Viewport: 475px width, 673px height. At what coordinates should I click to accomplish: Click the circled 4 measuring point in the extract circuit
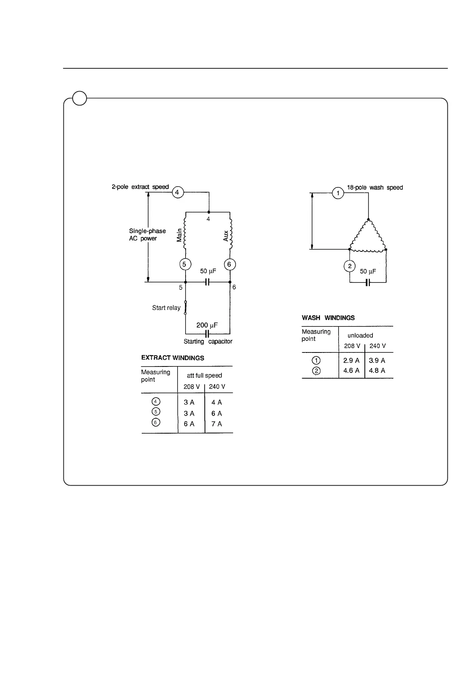177,193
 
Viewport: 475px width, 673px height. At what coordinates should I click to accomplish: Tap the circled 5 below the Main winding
184,265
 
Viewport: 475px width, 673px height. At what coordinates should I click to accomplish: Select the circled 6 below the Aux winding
229,265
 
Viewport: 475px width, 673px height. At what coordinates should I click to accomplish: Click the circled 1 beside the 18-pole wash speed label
338,193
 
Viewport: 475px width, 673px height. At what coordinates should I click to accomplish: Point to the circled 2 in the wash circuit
350,266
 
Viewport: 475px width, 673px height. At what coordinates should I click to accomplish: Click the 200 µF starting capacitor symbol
207,333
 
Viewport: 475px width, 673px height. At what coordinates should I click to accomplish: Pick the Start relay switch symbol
185,308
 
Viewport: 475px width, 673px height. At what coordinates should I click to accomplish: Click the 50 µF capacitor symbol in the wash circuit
368,283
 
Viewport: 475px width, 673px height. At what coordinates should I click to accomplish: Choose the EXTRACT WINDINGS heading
172,358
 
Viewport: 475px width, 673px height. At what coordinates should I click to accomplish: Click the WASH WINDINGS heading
328,318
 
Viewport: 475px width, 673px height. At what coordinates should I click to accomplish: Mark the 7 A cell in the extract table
216,424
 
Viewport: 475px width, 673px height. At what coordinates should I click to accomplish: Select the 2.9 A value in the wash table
351,360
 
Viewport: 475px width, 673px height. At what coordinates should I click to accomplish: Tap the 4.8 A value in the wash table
377,371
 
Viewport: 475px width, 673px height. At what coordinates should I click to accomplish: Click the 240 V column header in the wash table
378,346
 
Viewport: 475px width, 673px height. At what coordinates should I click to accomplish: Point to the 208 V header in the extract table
192,387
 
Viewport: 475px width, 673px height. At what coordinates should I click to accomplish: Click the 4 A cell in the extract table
216,403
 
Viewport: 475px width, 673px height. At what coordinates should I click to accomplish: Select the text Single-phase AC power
147,235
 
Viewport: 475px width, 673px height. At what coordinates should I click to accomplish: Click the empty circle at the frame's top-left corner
80,98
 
